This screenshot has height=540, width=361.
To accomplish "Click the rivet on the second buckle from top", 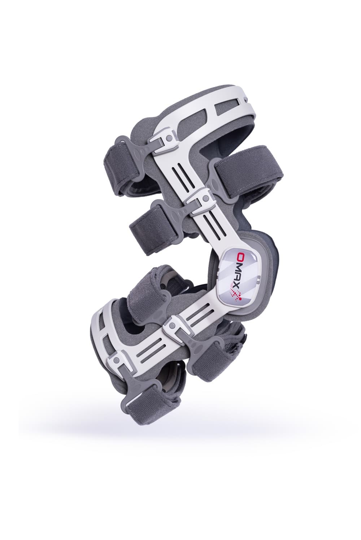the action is (x=205, y=198).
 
